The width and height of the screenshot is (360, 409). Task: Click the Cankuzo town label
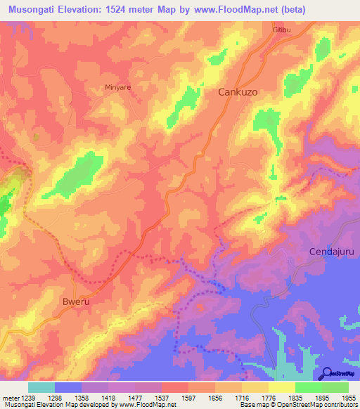(238, 92)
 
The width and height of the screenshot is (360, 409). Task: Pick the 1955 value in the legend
(349, 397)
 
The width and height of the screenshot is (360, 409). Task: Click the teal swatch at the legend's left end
(41, 387)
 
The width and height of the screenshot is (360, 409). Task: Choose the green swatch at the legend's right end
(335, 387)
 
